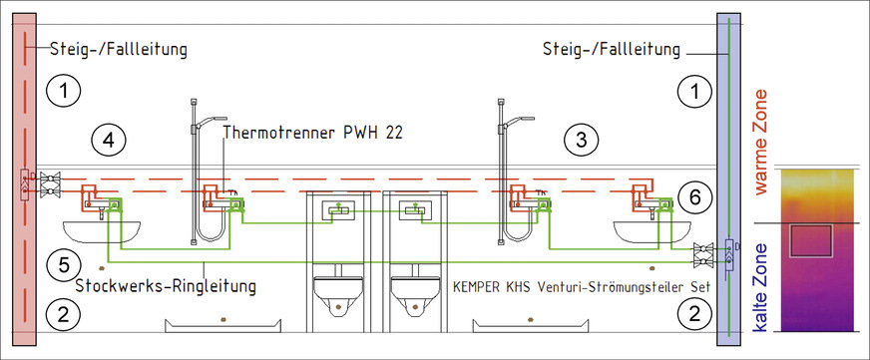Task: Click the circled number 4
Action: [108, 141]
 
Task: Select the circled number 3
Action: [581, 141]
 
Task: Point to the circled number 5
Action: [64, 264]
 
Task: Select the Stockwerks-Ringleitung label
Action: [166, 286]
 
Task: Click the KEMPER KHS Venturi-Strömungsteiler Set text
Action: [582, 288]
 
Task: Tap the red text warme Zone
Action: [760, 142]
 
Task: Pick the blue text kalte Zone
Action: [760, 288]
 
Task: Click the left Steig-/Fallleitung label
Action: [118, 50]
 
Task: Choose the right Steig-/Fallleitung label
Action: [611, 50]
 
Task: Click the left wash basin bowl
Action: [102, 232]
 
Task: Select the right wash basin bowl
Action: [652, 232]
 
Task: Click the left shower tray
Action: [223, 326]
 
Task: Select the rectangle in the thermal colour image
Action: [811, 240]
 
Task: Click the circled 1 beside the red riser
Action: [64, 90]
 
